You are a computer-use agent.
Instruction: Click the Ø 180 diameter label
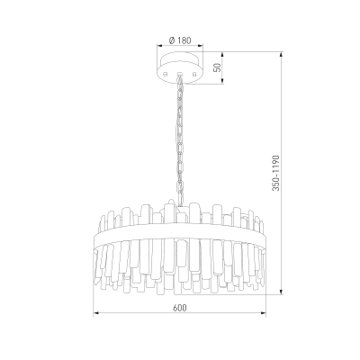click(180, 40)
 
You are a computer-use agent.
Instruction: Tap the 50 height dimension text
click(219, 67)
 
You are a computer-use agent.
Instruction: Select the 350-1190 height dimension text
click(275, 173)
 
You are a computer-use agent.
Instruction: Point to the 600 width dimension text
click(180, 308)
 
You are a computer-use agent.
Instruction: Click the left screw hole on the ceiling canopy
click(165, 73)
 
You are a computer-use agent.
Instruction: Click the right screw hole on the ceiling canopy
click(194, 73)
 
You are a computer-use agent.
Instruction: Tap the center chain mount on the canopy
click(180, 73)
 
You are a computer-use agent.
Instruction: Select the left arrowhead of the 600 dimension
click(96, 313)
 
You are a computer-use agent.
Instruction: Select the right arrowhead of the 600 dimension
click(264, 313)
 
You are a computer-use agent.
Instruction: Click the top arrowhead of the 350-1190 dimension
click(282, 55)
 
